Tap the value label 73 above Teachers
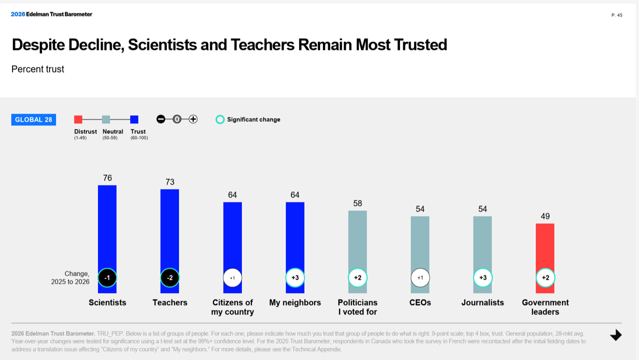click(170, 182)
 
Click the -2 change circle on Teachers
click(170, 278)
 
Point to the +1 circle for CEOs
click(420, 278)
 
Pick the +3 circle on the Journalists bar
click(482, 278)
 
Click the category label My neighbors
click(295, 302)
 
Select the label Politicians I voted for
click(357, 307)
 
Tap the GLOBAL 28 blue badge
click(33, 119)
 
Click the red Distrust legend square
click(78, 119)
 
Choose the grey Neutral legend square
click(106, 119)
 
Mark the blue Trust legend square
click(134, 119)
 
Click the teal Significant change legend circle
click(220, 119)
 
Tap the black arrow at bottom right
click(616, 335)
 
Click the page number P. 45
click(616, 15)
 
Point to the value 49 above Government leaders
click(545, 216)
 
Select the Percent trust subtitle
click(38, 69)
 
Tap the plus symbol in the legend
click(193, 119)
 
